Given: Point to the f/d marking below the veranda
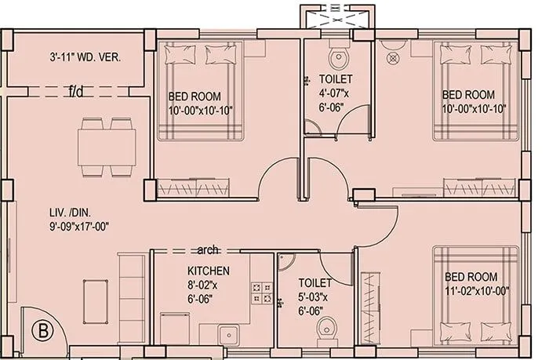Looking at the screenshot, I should tap(76, 92).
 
